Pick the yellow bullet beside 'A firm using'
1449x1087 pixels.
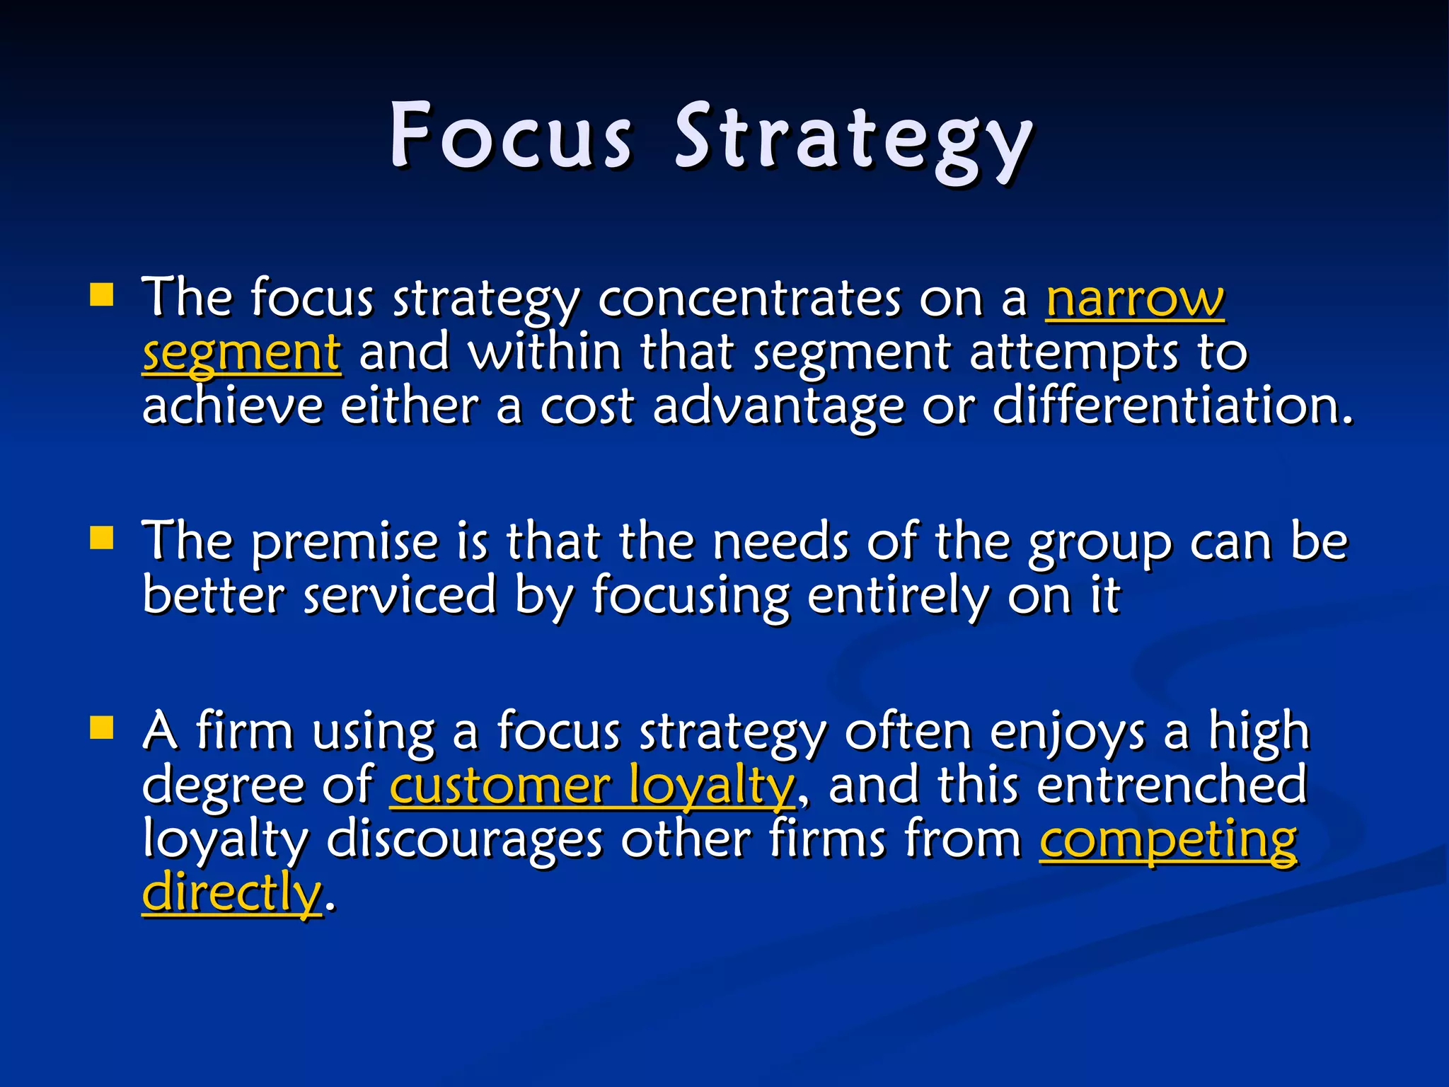102,727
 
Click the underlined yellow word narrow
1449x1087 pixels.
1135,299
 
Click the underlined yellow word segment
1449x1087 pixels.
242,352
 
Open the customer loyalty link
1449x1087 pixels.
592,786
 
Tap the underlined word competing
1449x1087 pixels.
1168,840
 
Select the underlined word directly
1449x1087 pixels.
232,893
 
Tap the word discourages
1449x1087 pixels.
464,840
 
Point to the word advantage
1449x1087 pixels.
778,408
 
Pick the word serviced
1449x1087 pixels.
400,596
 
